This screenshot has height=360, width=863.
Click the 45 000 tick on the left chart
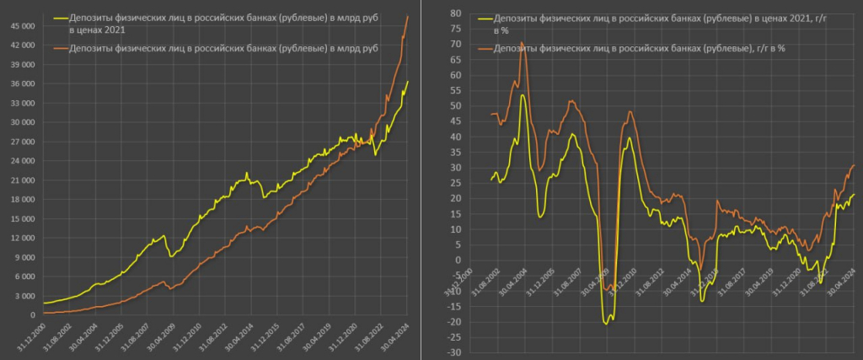pos(22,26)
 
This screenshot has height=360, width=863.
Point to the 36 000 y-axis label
pos(22,83)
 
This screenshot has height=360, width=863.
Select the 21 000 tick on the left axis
pos(22,180)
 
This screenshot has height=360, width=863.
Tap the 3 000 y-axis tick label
pos(25,296)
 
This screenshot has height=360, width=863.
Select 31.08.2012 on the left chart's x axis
pos(213,337)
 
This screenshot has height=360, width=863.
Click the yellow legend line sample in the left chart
pos(58,16)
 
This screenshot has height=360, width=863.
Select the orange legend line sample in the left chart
pos(58,49)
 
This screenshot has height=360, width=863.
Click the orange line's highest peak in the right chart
pos(521,42)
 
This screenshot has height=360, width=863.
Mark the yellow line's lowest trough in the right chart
pos(606,323)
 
